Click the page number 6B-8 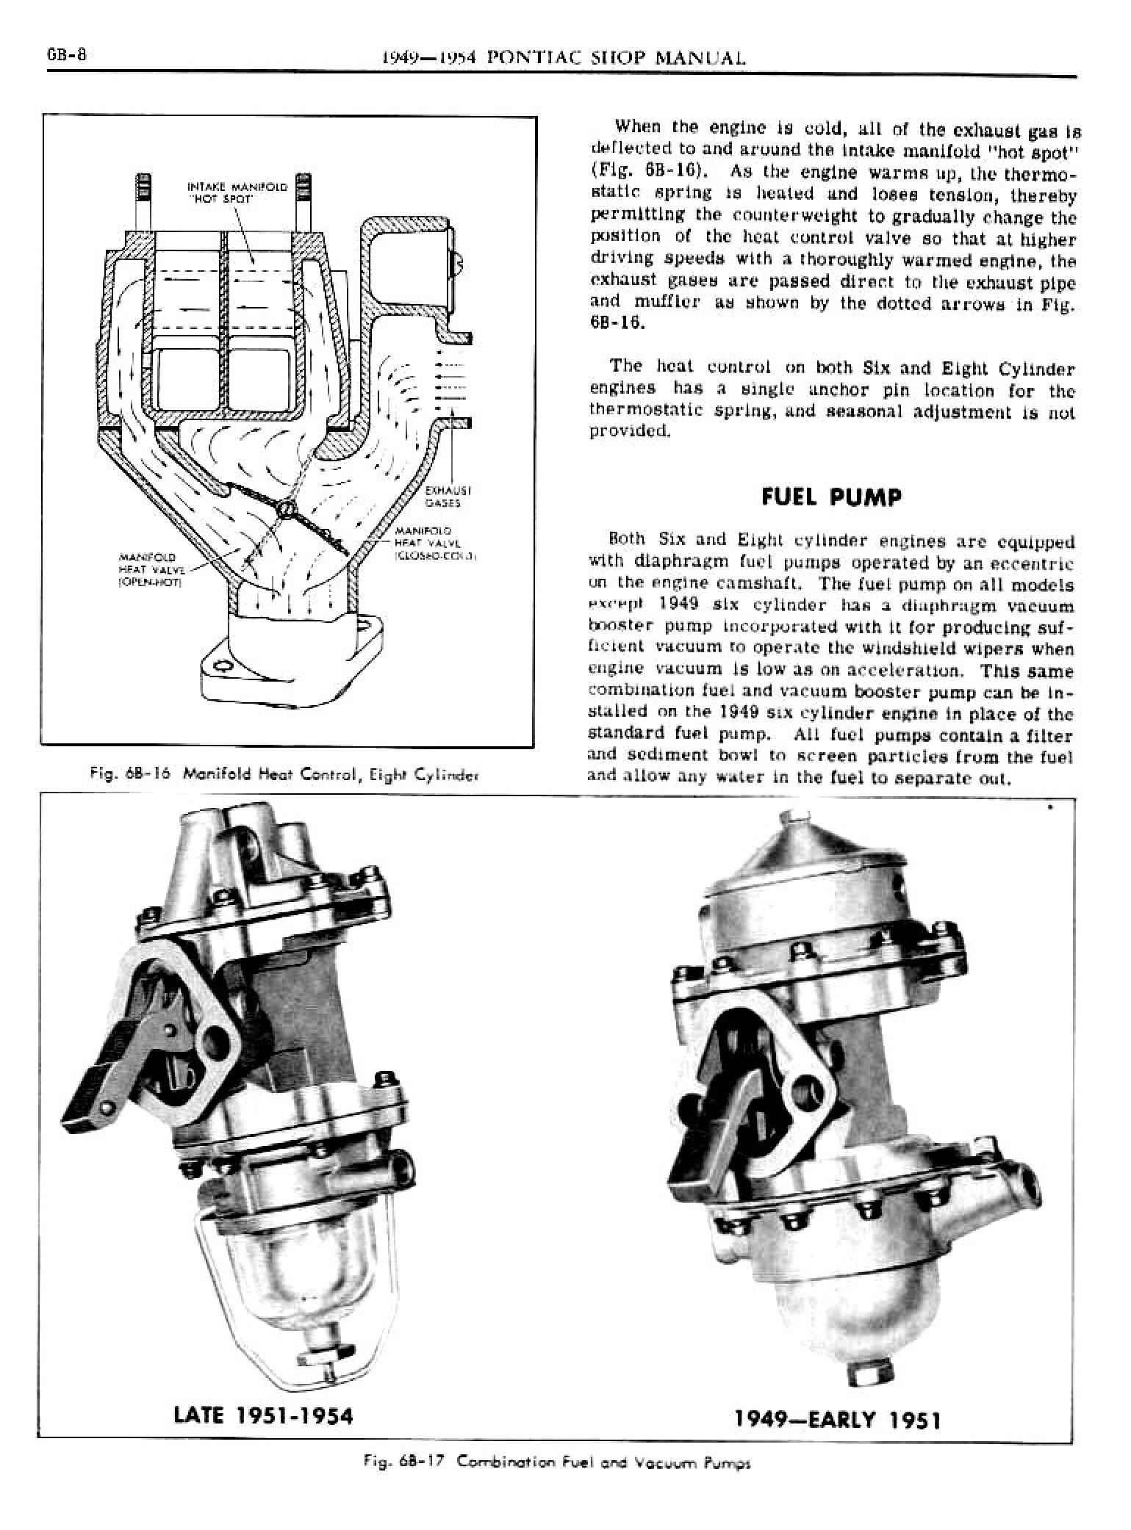click(x=68, y=57)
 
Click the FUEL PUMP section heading click(x=830, y=497)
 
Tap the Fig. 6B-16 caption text click(x=284, y=773)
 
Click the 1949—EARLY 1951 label click(x=837, y=1419)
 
